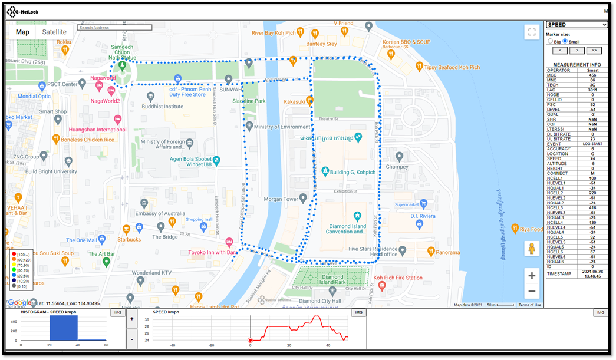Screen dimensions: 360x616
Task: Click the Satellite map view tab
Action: point(54,32)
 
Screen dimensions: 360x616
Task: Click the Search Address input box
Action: point(115,28)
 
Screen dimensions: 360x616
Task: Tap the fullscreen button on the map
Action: point(532,32)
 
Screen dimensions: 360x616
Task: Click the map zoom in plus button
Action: point(532,276)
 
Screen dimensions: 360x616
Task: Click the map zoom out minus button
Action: point(532,291)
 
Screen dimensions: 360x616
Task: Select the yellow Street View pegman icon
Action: point(532,249)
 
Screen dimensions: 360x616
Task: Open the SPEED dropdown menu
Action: point(577,25)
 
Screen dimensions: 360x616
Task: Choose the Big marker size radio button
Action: point(550,42)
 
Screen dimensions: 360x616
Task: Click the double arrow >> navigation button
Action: point(594,51)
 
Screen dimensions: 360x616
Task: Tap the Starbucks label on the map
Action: point(129,239)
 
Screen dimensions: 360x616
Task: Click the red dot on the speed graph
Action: point(251,340)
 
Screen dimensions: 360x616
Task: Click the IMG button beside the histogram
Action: point(117,313)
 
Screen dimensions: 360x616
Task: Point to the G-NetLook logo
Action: point(24,11)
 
